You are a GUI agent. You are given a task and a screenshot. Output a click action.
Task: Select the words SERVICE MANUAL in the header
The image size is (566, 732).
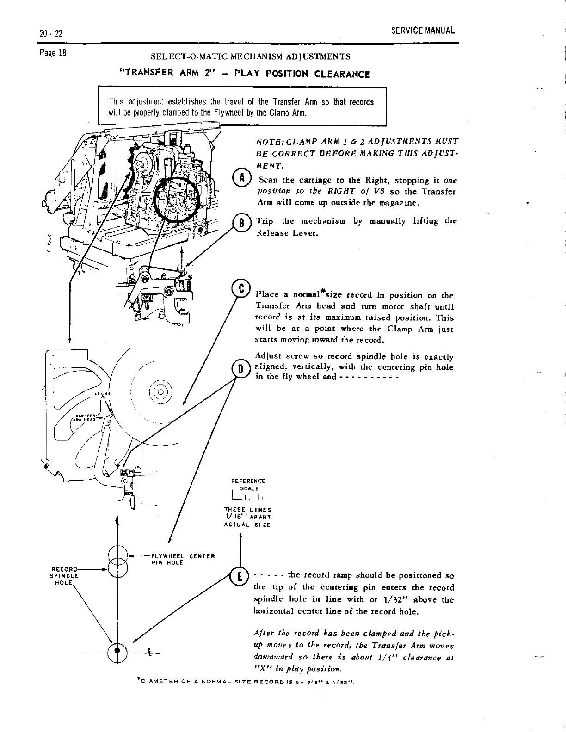[423, 31]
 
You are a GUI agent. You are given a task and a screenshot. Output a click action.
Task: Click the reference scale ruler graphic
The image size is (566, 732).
[248, 497]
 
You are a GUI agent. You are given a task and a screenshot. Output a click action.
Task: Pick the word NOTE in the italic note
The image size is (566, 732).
[267, 141]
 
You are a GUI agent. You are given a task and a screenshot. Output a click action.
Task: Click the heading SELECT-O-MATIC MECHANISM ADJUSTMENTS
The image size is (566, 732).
[251, 57]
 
